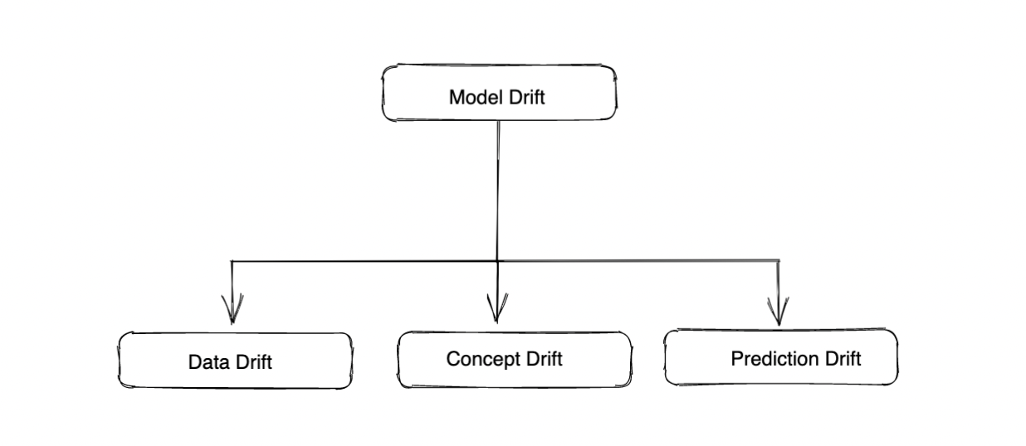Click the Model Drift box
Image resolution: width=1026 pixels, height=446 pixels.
tap(499, 92)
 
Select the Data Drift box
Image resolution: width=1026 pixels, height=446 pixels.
tap(234, 360)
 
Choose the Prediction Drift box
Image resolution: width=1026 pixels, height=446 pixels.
tap(780, 356)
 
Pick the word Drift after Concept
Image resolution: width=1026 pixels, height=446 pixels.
tap(540, 359)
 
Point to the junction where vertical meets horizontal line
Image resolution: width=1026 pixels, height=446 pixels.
tap(497, 261)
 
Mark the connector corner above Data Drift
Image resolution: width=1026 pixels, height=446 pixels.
tap(232, 262)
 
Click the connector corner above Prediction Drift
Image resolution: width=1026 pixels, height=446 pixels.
tap(778, 260)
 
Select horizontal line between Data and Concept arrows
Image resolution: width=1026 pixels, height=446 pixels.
tap(365, 262)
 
